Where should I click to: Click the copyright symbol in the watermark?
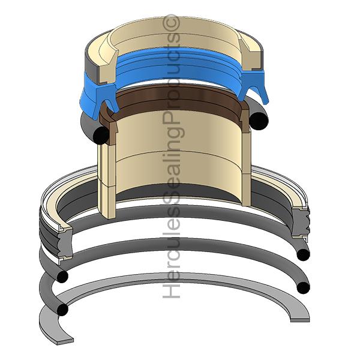pos(170,23)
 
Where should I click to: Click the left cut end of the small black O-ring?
pos(101,136)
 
